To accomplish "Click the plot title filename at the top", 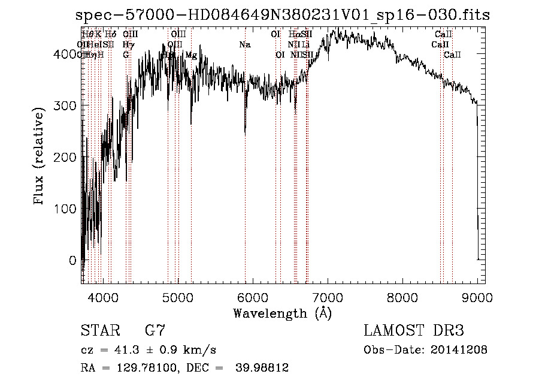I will (283, 15).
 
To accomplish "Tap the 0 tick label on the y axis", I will (72, 260).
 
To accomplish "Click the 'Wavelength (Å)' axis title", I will (282, 313).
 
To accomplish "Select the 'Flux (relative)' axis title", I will (40, 157).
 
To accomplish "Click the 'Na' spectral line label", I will (244, 45).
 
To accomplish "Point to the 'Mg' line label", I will (191, 55).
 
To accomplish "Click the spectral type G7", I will (155, 331).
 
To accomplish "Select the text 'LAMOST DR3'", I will (414, 331).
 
